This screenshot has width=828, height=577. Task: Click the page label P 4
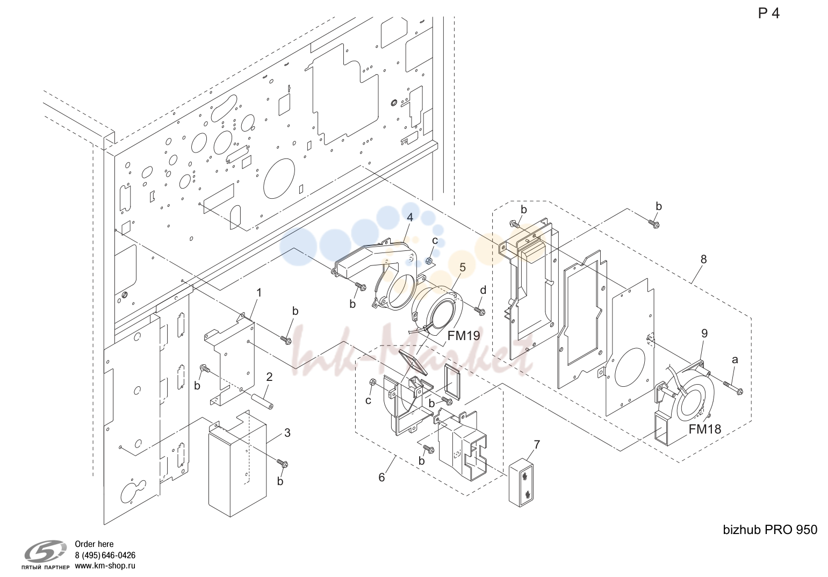coord(768,13)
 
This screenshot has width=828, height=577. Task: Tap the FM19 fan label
coord(464,336)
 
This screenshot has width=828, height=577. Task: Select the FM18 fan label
coord(705,429)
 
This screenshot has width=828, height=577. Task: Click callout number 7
coord(537,445)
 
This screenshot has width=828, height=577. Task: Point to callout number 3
coord(287,433)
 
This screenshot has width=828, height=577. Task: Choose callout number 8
coord(703,259)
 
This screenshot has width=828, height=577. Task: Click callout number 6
coord(381,477)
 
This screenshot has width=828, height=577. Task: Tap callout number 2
coord(269,377)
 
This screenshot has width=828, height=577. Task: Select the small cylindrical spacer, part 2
coord(262,401)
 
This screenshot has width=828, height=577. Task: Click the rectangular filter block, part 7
coord(521,482)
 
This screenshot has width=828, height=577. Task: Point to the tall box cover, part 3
coord(237,464)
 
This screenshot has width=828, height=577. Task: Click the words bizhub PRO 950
coord(770,530)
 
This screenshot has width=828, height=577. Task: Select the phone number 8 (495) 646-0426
coord(105,555)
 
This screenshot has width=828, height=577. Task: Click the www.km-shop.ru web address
coord(105,566)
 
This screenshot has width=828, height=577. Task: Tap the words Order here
coord(94,544)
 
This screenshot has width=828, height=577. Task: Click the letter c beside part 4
coord(435,241)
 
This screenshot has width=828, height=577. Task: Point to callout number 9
coord(704,334)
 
